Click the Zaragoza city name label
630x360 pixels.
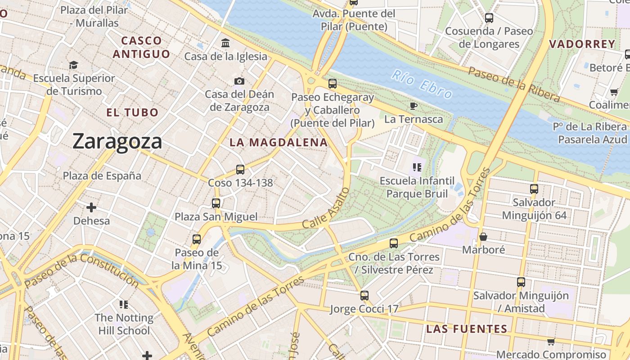click(x=117, y=141)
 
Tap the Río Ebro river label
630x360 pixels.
click(x=421, y=84)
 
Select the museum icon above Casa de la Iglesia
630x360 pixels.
click(x=225, y=43)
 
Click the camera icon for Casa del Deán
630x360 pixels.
click(x=239, y=81)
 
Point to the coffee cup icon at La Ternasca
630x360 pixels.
click(x=414, y=106)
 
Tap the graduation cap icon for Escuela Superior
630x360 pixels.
click(x=74, y=65)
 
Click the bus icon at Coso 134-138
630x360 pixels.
click(x=240, y=170)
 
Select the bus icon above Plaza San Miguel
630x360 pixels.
click(x=216, y=203)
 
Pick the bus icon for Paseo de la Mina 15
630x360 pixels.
click(x=197, y=239)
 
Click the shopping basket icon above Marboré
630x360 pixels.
click(x=483, y=236)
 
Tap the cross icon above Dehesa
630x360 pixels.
click(x=91, y=207)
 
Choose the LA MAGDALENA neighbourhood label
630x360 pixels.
click(x=279, y=143)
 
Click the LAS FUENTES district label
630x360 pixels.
click(x=467, y=329)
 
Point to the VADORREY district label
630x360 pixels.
click(x=582, y=44)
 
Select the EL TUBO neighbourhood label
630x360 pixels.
click(x=132, y=112)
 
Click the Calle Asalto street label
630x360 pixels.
click(x=326, y=208)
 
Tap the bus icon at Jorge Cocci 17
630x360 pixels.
click(x=364, y=296)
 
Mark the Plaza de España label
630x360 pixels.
click(x=102, y=175)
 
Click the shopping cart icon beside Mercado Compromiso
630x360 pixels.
click(x=551, y=342)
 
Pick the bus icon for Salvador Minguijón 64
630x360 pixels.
click(x=534, y=189)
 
